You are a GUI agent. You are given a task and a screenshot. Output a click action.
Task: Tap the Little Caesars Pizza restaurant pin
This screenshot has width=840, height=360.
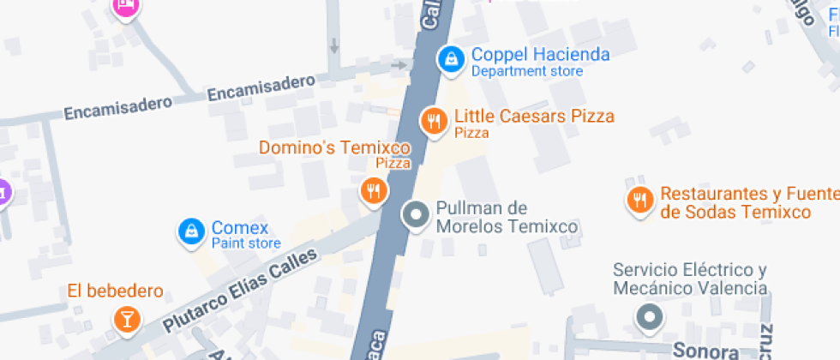pyautogui.click(x=435, y=120)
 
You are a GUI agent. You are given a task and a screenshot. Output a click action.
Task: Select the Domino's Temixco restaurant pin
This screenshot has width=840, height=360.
pyautogui.click(x=372, y=190)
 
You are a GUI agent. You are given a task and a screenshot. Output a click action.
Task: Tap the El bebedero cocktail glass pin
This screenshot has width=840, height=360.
pyautogui.click(x=126, y=320)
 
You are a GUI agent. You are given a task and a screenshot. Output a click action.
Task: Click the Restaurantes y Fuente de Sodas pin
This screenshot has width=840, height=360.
pyautogui.click(x=639, y=201)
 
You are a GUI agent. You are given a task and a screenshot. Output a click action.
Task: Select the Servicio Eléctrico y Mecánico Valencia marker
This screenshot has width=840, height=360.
pyautogui.click(x=649, y=318)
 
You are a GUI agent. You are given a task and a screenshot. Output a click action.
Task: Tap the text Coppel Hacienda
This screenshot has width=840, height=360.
pyautogui.click(x=540, y=55)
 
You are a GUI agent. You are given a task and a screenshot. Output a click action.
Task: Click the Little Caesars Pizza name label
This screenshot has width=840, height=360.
pyautogui.click(x=534, y=116)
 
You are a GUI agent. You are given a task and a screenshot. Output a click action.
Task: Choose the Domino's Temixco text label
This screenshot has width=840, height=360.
pyautogui.click(x=334, y=147)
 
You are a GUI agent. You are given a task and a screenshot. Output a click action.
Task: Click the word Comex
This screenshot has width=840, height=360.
pyautogui.click(x=240, y=228)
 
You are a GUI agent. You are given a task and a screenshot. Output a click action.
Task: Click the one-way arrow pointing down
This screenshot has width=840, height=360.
pyautogui.click(x=333, y=45)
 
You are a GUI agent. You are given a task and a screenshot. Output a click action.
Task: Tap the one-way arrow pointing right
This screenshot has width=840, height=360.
pyautogui.click(x=399, y=65)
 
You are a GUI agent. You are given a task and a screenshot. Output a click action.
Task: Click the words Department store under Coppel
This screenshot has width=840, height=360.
pyautogui.click(x=527, y=71)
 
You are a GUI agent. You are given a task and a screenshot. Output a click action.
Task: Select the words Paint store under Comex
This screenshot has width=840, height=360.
pyautogui.click(x=246, y=243)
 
